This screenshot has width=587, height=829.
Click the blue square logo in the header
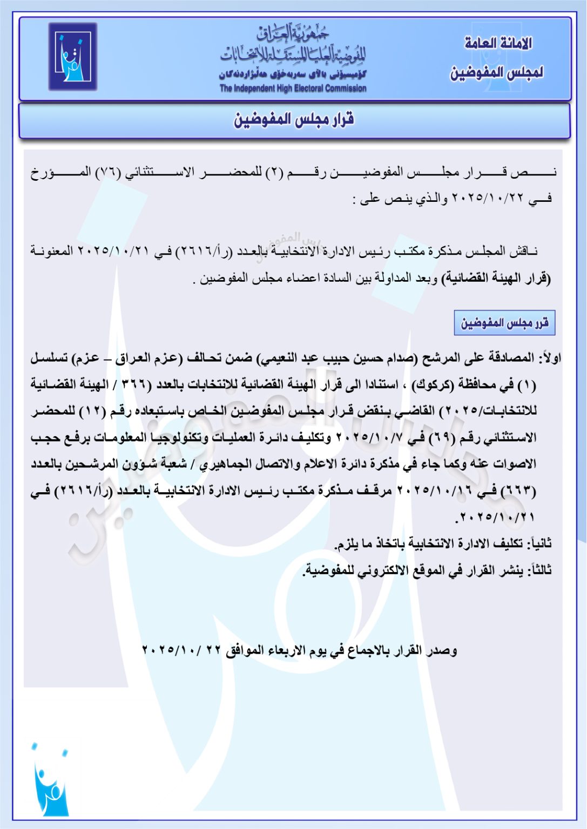[x=73, y=56]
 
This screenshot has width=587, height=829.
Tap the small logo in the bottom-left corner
[x=50, y=781]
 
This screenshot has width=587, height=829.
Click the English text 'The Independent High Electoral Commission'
[x=293, y=89]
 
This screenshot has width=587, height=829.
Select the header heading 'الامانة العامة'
[x=498, y=43]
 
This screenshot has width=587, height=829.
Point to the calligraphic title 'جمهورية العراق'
[x=293, y=34]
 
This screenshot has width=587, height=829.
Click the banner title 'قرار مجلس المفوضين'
[x=294, y=120]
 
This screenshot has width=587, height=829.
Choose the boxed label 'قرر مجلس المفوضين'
[x=504, y=323]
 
